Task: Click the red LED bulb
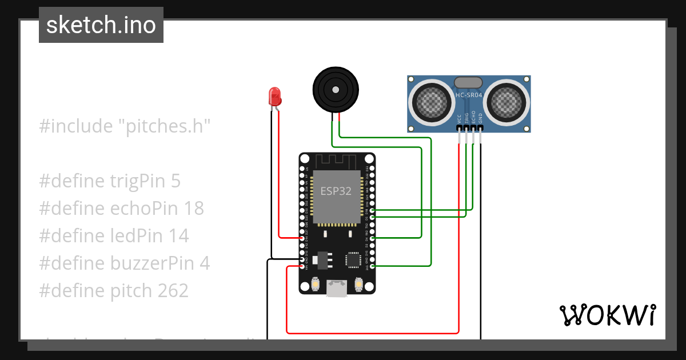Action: point(275,95)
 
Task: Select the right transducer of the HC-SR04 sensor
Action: point(505,102)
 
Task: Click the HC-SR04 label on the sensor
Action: point(469,95)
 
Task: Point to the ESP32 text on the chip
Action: point(336,191)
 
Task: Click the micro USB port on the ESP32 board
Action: point(336,289)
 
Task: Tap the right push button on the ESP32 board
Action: point(359,283)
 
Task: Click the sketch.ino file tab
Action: point(101,25)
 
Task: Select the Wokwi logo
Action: point(607,315)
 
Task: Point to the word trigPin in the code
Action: point(137,181)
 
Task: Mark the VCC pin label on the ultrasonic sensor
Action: point(459,118)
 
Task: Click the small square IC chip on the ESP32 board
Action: point(352,259)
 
